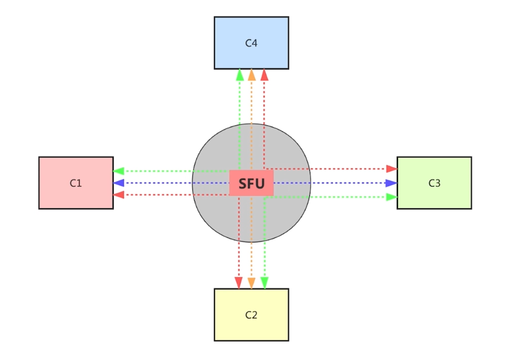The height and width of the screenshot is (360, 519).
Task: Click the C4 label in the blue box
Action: pos(251,43)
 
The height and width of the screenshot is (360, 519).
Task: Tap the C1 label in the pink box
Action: pos(76,183)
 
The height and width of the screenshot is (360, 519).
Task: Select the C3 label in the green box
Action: pos(434,183)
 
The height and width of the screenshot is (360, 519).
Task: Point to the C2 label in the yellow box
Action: pos(251,315)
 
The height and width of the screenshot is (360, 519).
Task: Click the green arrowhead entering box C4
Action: pos(240,75)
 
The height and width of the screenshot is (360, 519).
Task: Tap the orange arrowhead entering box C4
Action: pos(251,75)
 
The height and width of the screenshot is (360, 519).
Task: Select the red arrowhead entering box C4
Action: pos(264,75)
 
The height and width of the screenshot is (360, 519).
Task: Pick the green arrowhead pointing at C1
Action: pos(119,171)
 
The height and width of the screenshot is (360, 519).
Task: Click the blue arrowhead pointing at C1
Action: pos(119,183)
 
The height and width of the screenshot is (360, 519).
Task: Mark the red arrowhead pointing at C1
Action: pos(119,195)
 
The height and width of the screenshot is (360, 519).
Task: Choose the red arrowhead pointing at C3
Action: pos(392,169)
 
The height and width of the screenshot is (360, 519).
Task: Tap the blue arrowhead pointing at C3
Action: pos(392,183)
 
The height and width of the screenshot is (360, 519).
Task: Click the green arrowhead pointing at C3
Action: pos(392,197)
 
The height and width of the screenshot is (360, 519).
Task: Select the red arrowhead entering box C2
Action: pos(239,282)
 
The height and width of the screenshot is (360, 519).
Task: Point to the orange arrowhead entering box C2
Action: pos(251,282)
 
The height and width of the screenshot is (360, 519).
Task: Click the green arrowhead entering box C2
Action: pos(264,282)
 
